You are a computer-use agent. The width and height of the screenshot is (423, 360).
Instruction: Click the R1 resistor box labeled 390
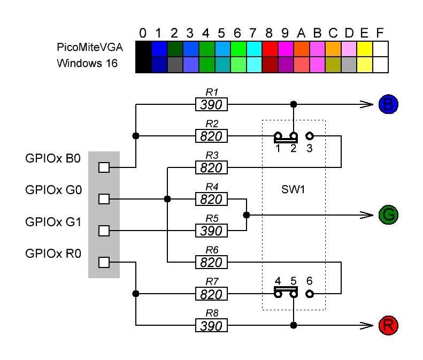coord(211,104)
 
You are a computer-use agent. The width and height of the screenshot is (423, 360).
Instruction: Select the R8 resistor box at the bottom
coord(211,325)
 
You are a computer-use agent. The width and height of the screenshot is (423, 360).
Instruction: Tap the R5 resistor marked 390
coord(211,231)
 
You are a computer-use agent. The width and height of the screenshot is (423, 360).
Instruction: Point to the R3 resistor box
coord(211,168)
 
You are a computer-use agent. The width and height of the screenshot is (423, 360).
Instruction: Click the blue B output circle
coord(388,104)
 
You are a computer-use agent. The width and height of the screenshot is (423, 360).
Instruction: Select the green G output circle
coord(388,215)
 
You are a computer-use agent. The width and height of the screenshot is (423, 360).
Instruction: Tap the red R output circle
coord(388,325)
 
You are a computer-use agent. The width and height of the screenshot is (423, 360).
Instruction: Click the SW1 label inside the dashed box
coord(294,190)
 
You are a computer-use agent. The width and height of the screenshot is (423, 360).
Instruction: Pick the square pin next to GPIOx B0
coord(104,168)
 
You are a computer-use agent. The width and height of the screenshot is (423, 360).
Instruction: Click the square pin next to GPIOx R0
coord(104,262)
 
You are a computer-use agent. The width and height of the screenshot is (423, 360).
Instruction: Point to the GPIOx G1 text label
coord(53,221)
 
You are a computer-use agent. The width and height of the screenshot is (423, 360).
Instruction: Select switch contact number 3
coord(309,136)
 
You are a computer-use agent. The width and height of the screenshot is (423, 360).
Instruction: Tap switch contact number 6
coord(309,294)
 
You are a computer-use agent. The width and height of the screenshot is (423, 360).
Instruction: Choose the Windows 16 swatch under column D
coord(349,64)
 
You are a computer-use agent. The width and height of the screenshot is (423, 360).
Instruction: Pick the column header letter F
coord(380,34)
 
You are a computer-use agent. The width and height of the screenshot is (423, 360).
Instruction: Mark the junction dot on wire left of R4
coord(168,199)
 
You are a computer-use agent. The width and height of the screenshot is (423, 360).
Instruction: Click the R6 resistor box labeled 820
coord(211,262)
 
